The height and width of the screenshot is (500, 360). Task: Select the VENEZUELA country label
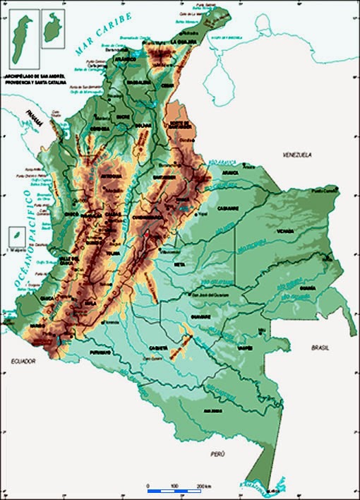pos(296,154)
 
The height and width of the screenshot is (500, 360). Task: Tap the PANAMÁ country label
pos(32,117)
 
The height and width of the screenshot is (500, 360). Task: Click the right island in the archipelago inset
pos(52,29)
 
